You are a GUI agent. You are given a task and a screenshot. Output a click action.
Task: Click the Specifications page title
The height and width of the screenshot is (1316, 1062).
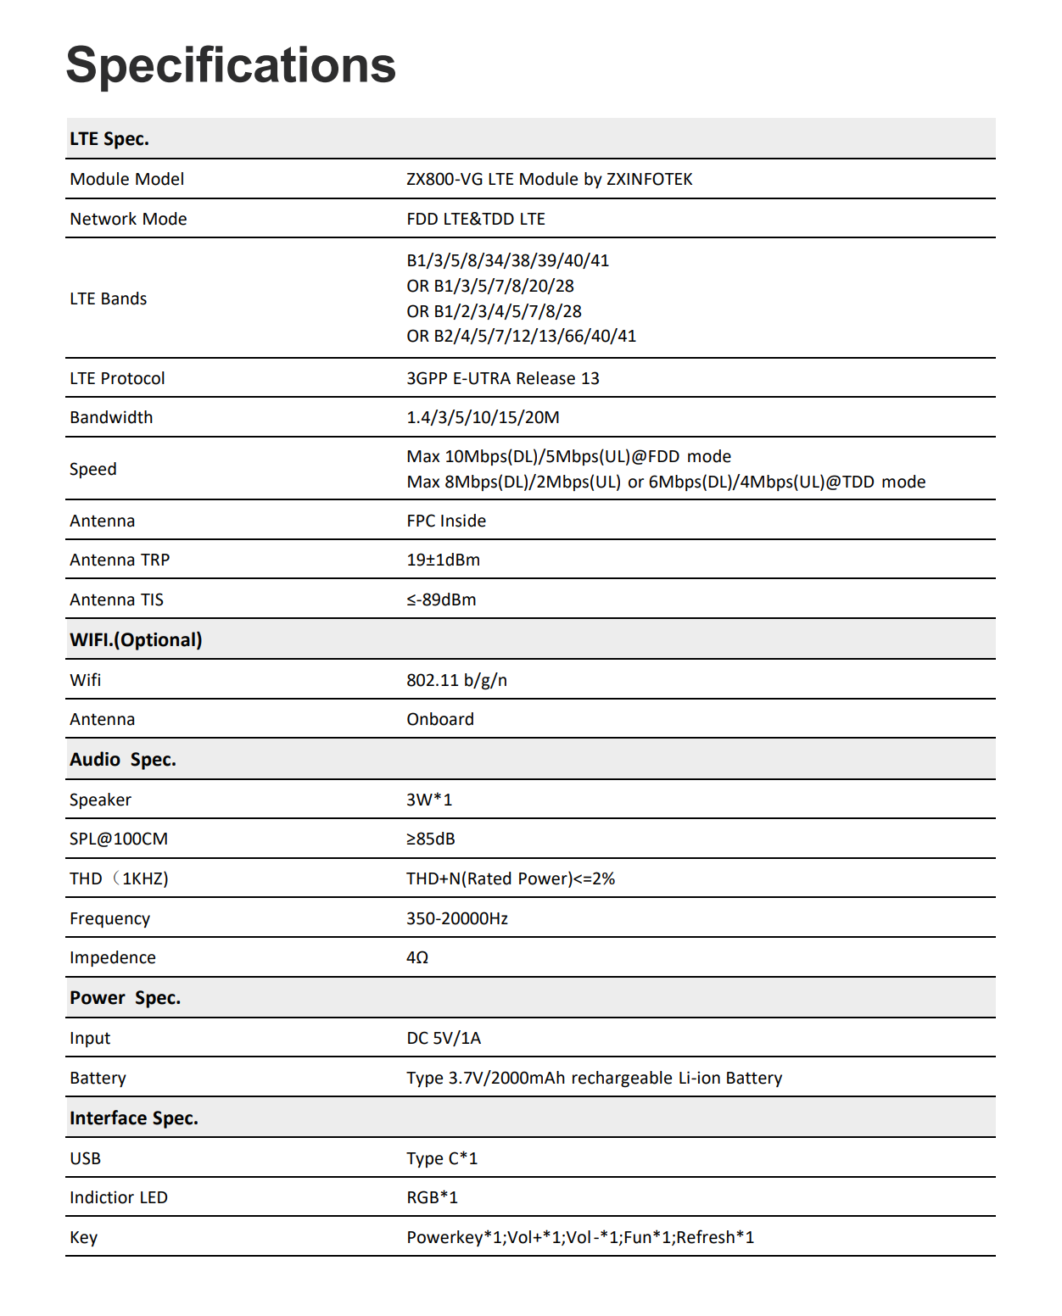click(x=231, y=65)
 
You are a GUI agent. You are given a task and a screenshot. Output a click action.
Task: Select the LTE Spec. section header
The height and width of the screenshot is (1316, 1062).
click(x=109, y=139)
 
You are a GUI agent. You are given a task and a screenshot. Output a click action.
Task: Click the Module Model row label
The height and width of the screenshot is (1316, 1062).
click(x=126, y=179)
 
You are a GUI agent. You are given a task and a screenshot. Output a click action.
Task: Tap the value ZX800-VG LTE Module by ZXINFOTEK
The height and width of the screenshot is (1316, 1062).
click(x=549, y=179)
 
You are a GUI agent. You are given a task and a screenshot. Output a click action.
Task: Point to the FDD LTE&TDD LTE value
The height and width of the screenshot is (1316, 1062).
click(x=475, y=219)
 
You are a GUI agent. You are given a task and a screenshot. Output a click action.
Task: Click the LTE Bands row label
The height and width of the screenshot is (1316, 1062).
click(x=108, y=298)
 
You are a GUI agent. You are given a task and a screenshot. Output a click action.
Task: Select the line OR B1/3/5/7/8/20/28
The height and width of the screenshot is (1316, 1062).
click(x=489, y=286)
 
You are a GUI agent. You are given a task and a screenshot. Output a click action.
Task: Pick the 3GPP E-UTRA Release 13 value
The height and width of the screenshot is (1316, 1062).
click(x=502, y=378)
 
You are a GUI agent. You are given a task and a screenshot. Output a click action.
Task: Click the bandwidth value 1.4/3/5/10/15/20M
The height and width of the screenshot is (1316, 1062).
click(x=483, y=417)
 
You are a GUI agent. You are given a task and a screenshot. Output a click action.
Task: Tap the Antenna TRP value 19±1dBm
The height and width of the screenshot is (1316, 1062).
click(x=443, y=560)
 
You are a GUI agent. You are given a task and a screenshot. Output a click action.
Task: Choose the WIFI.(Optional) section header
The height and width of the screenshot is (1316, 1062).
click(x=136, y=639)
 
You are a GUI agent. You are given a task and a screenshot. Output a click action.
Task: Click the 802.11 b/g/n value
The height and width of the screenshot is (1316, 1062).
click(x=456, y=680)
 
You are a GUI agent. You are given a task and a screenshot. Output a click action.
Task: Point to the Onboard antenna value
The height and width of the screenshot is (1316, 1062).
click(x=439, y=719)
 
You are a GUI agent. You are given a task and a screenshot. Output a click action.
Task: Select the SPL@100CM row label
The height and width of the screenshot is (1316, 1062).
click(x=119, y=839)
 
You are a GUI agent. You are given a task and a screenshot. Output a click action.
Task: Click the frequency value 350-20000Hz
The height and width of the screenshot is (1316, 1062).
click(x=456, y=918)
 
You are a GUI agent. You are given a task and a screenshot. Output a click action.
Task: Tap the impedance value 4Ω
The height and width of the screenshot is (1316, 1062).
click(x=416, y=957)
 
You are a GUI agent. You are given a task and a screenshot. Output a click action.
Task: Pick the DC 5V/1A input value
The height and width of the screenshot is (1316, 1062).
click(x=443, y=1038)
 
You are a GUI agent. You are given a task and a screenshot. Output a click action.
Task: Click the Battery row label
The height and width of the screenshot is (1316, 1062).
click(x=98, y=1078)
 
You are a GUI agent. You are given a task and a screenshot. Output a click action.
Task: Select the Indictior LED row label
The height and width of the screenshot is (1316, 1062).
click(x=119, y=1197)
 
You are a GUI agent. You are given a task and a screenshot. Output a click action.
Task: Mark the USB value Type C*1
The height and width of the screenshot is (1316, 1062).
click(x=441, y=1158)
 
